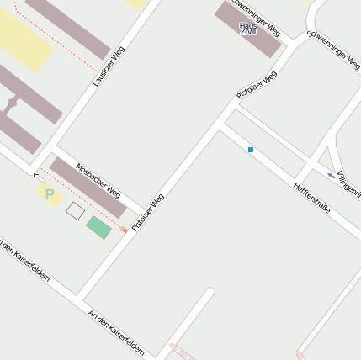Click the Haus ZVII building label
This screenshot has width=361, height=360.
point(247,28)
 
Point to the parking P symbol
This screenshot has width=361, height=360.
point(49,194)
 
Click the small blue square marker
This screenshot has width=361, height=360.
point(250,150)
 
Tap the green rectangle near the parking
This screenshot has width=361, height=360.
point(98,227)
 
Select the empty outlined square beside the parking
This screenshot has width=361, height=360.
point(75,210)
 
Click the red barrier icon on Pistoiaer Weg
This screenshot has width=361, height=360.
point(125,229)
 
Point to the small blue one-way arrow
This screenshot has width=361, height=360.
point(330,175)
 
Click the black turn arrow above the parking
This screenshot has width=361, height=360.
point(38,176)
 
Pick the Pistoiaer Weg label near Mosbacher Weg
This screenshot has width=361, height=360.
point(147,212)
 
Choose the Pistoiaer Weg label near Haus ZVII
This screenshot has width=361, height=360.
point(257,86)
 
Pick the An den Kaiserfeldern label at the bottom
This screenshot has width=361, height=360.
point(116,331)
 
